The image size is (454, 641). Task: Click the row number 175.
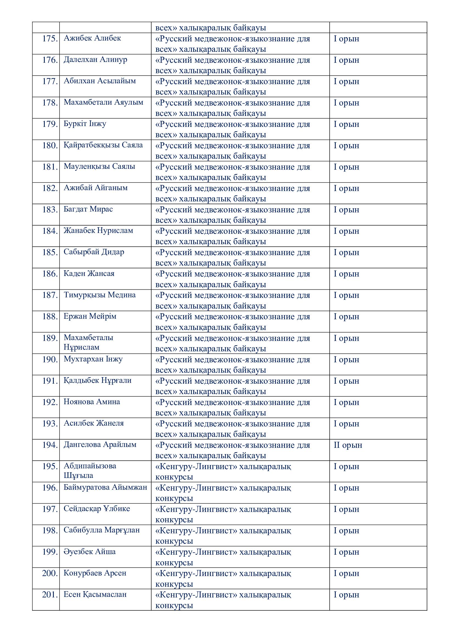tap(50, 39)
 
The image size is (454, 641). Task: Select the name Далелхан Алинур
tap(95, 59)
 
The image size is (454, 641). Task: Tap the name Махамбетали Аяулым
tap(103, 102)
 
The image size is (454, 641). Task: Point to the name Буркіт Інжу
tap(85, 124)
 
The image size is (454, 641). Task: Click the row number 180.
tap(50, 146)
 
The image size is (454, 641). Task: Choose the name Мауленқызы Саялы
tap(99, 166)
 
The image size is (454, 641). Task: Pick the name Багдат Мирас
tap(88, 209)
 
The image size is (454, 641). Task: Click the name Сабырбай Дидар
tap(94, 252)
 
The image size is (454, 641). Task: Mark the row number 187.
tap(50, 295)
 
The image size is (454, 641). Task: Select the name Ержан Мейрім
tap(90, 316)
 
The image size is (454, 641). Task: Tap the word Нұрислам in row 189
tap(81, 347)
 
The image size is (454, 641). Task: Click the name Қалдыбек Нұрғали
tap(97, 380)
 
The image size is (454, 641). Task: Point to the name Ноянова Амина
tap(92, 402)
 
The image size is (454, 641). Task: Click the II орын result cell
tap(348, 445)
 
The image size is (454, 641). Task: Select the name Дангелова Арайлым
tap(100, 445)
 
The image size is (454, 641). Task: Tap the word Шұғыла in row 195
tap(78, 475)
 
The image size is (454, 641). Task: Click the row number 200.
tap(50, 573)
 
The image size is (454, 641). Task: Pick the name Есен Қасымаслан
tap(95, 594)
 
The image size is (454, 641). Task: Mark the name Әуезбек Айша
tap(89, 552)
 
